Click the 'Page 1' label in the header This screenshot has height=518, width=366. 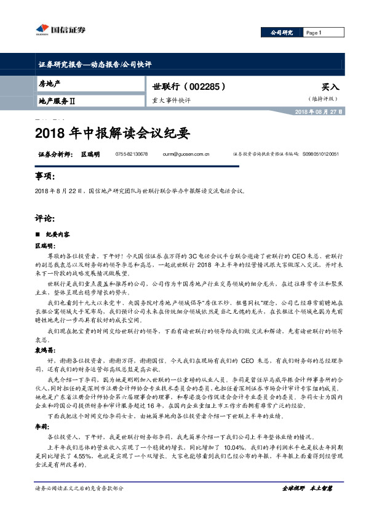[314, 33]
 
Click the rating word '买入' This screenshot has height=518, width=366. [330, 87]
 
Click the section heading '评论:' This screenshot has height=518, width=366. [45, 218]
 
